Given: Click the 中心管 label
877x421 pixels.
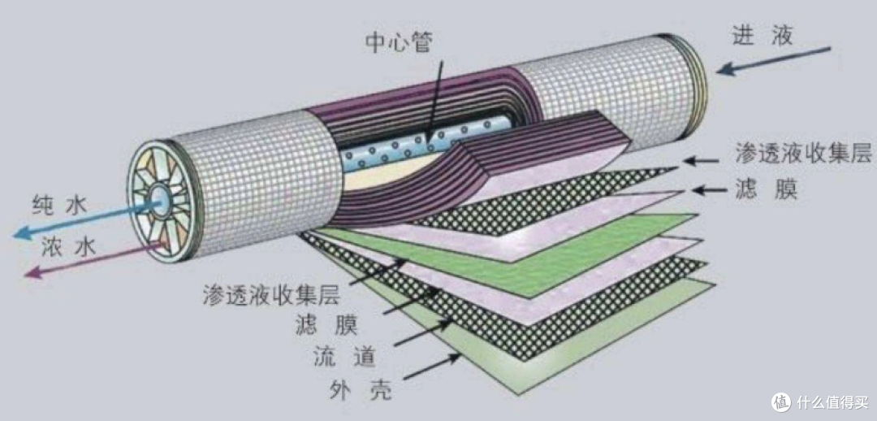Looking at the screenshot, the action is [x=399, y=43].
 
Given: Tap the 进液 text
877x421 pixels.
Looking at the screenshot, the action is [x=763, y=36].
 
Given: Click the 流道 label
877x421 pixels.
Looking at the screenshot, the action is [x=344, y=357].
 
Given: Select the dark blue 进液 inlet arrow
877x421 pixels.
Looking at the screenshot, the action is [x=773, y=60].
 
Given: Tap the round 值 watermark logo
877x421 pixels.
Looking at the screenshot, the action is [x=781, y=401].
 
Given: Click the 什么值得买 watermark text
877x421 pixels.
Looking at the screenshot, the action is [x=833, y=402].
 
